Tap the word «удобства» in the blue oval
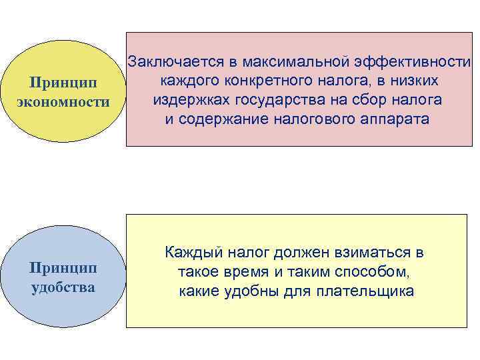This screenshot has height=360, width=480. coord(63,288)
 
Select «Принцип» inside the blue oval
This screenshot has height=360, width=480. coord(63,268)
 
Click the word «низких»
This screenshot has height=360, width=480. coord(413,81)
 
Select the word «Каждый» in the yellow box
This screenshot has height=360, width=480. coord(193,253)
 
